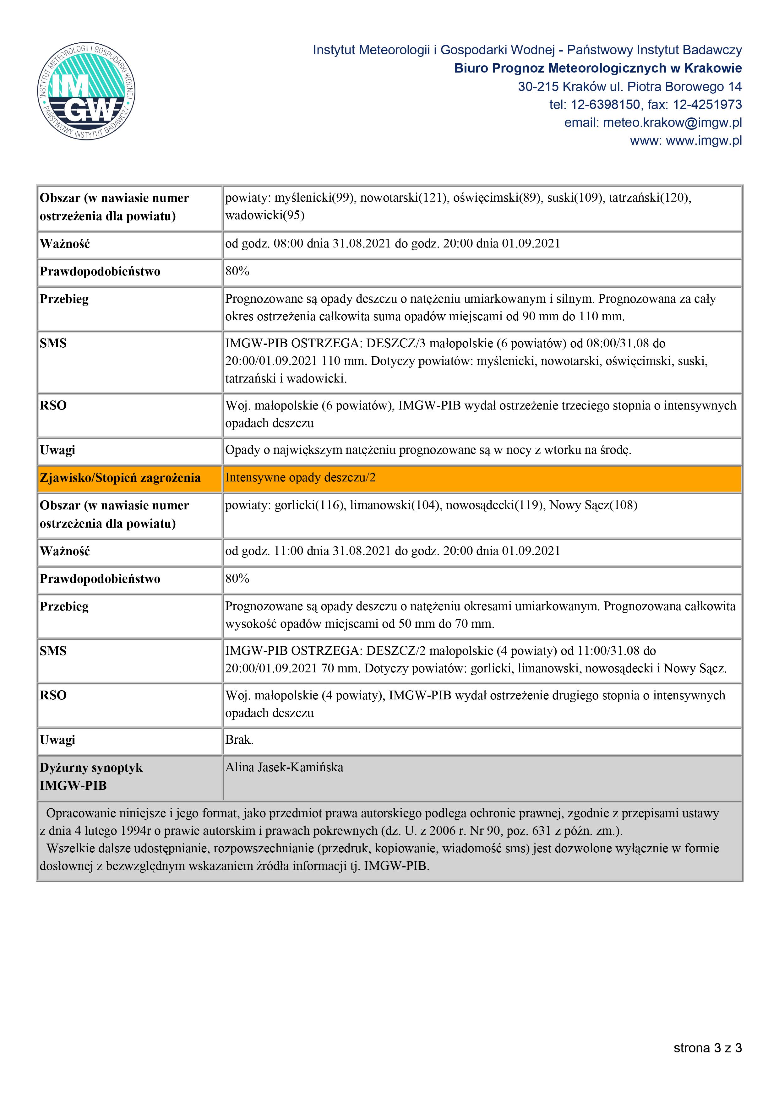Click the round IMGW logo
click(x=86, y=91)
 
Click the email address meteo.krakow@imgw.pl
click(x=672, y=123)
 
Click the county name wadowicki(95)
click(x=265, y=215)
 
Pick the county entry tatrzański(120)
click(x=650, y=198)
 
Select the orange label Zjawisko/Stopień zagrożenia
click(x=120, y=478)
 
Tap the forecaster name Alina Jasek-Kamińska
click(x=284, y=768)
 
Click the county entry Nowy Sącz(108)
click(x=593, y=505)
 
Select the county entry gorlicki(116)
click(x=310, y=505)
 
